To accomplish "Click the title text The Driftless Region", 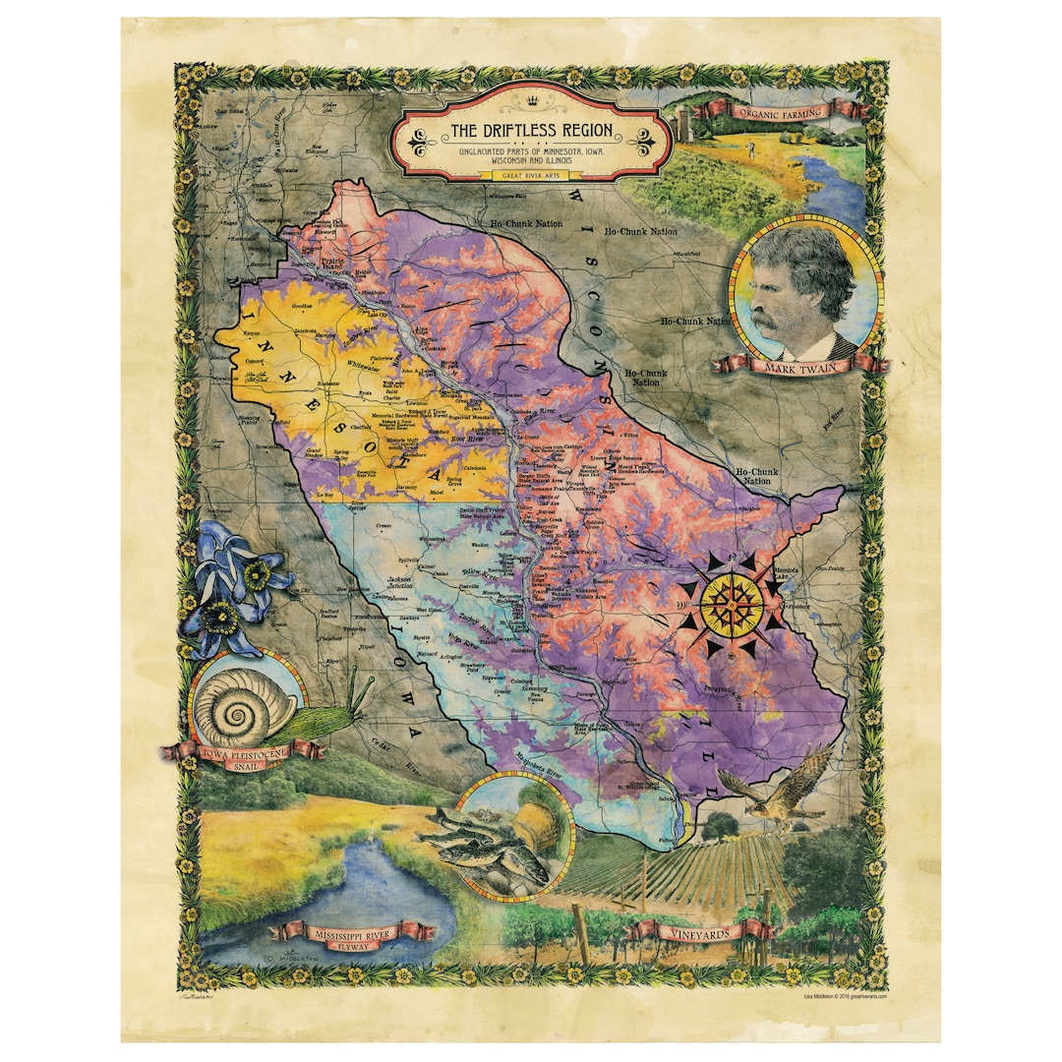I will [x=531, y=131].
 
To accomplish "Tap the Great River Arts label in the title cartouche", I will [x=531, y=175].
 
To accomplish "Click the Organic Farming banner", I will [x=783, y=111].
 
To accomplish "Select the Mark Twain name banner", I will [x=798, y=366].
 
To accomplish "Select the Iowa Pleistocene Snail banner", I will [x=241, y=755].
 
